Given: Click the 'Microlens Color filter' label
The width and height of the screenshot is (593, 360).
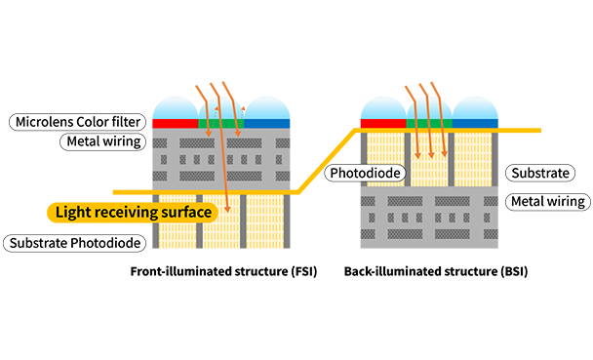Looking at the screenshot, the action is [77, 122].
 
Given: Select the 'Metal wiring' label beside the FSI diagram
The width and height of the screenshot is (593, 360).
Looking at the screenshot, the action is [102, 141].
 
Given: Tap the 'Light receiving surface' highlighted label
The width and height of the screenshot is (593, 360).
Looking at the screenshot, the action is [133, 212].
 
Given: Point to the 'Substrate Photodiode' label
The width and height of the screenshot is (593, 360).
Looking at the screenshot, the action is [75, 243].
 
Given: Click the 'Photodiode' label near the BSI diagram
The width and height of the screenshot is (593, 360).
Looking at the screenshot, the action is [365, 173].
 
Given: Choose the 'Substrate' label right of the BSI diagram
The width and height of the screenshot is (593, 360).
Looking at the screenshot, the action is [540, 173].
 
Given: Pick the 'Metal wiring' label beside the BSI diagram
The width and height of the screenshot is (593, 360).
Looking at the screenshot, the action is [547, 201].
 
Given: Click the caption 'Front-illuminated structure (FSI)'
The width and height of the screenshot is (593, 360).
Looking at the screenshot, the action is [223, 271].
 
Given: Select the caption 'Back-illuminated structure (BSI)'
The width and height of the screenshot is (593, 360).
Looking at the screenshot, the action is [436, 271].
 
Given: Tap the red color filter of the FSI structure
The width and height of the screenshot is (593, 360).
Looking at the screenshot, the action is [176, 124].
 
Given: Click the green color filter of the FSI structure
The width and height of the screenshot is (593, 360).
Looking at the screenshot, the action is [221, 124].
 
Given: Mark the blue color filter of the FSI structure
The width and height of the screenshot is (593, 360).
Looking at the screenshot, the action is [267, 124].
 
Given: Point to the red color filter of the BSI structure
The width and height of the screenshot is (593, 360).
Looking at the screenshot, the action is [383, 124].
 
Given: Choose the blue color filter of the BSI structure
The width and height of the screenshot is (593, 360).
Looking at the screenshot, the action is [475, 124].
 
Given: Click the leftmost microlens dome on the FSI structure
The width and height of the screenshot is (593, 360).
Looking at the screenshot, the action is [176, 108].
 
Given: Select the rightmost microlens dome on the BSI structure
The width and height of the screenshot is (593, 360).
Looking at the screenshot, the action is [475, 108].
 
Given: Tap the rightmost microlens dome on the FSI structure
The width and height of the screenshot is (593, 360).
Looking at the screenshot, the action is [267, 108].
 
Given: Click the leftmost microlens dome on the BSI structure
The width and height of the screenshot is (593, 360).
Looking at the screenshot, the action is [383, 108].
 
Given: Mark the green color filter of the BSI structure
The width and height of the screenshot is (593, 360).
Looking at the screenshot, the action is [429, 124].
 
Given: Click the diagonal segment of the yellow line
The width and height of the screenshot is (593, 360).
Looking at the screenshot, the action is [327, 162].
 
